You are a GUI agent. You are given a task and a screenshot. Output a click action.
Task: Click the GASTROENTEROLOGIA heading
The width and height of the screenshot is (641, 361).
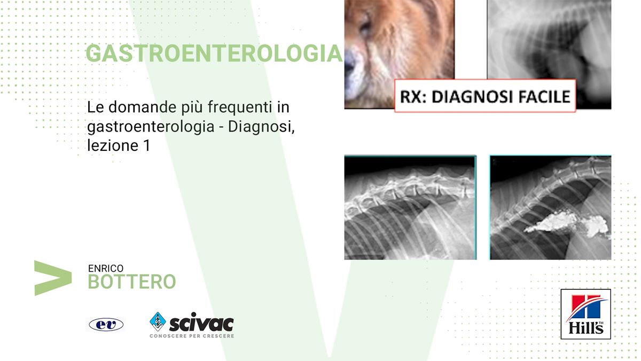click(214, 53)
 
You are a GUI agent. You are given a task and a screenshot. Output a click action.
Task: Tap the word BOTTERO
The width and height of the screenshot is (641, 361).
click(132, 282)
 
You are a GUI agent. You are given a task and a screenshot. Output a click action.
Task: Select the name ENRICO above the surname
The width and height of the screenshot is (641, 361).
click(106, 268)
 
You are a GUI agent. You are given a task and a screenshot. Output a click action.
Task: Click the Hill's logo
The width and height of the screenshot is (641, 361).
click(586, 314)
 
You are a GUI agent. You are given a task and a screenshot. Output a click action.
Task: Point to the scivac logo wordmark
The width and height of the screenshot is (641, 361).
click(201, 323)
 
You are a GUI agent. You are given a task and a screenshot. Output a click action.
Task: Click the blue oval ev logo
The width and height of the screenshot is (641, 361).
click(106, 325)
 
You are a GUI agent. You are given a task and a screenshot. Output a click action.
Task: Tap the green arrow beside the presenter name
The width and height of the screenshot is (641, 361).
click(53, 278)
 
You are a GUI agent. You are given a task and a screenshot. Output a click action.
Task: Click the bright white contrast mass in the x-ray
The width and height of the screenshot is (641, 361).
click(567, 225)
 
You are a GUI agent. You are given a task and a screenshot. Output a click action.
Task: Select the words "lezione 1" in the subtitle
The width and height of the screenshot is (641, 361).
click(119, 145)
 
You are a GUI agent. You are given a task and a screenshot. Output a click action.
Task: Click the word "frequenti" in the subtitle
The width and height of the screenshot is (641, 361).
click(240, 107)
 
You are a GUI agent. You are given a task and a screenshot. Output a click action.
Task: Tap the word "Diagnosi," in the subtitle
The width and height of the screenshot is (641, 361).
click(261, 126)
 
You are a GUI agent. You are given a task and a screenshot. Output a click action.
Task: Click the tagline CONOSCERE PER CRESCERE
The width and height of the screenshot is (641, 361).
click(192, 336)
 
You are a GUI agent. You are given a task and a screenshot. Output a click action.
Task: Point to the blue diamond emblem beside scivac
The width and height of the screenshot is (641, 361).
click(158, 321)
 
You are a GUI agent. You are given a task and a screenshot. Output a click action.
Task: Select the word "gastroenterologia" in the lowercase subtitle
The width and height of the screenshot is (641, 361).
click(151, 127)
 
